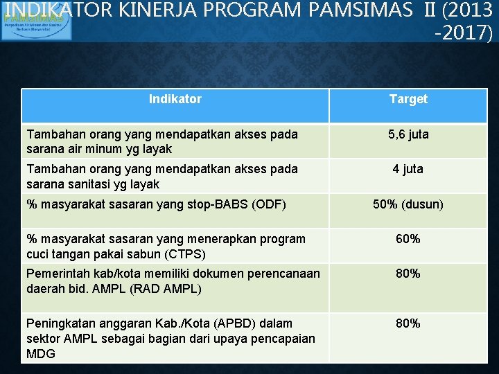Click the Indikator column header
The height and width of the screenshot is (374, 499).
(175, 99)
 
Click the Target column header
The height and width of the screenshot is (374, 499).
(408, 99)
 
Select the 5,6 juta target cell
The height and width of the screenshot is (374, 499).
(408, 134)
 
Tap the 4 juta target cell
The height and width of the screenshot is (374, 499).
(408, 169)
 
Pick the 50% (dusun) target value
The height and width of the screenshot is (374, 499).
(408, 204)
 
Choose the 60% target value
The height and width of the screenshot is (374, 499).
(408, 239)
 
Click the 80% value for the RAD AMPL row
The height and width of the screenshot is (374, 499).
(408, 274)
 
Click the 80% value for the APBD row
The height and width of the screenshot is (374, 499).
(408, 323)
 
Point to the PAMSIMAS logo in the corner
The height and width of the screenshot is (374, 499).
(26, 19)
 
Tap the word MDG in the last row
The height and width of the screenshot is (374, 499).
(40, 353)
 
